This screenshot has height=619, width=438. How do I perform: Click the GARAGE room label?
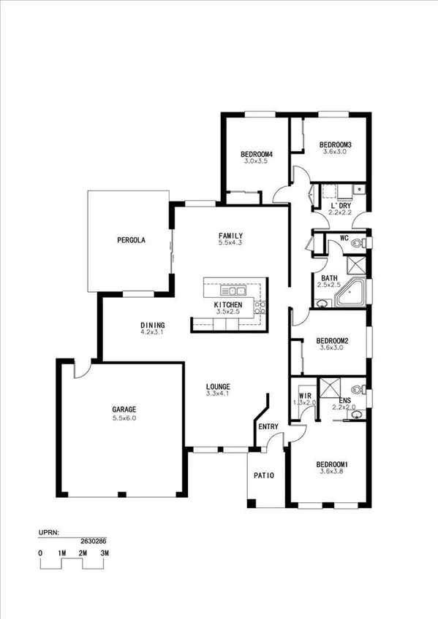(x=124, y=410)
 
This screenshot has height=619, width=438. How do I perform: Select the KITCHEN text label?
(x=227, y=304)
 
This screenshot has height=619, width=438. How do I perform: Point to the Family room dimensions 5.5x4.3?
(x=230, y=242)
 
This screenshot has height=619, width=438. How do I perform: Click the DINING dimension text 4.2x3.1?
(x=152, y=333)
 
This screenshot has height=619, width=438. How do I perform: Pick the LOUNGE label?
(x=218, y=387)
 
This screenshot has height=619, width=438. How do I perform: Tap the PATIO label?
(x=263, y=476)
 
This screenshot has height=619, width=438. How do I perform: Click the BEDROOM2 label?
(x=331, y=341)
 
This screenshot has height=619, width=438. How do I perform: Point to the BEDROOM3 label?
(x=336, y=146)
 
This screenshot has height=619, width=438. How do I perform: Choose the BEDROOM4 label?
(x=256, y=154)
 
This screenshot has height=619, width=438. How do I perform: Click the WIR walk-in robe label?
(x=304, y=395)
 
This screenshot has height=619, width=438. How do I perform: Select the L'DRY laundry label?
(x=341, y=206)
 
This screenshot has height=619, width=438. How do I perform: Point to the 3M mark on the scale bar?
(x=105, y=553)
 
